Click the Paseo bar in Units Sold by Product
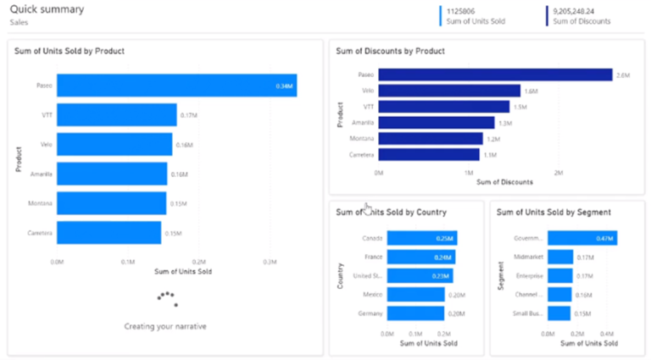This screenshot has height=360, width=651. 176,86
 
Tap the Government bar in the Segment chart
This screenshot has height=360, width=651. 581,239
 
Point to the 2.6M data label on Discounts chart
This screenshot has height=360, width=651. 623,75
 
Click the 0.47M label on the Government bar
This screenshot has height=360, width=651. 604,239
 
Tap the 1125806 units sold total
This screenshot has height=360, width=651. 465,11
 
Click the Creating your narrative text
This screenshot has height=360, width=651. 165,326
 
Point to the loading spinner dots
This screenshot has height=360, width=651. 166,298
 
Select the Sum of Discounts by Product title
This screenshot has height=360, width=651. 390,51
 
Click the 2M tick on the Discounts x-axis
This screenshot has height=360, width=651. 558,172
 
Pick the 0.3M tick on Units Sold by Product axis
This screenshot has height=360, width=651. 268,262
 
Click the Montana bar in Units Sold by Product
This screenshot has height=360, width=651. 111,203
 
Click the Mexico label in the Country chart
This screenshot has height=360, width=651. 373,295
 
